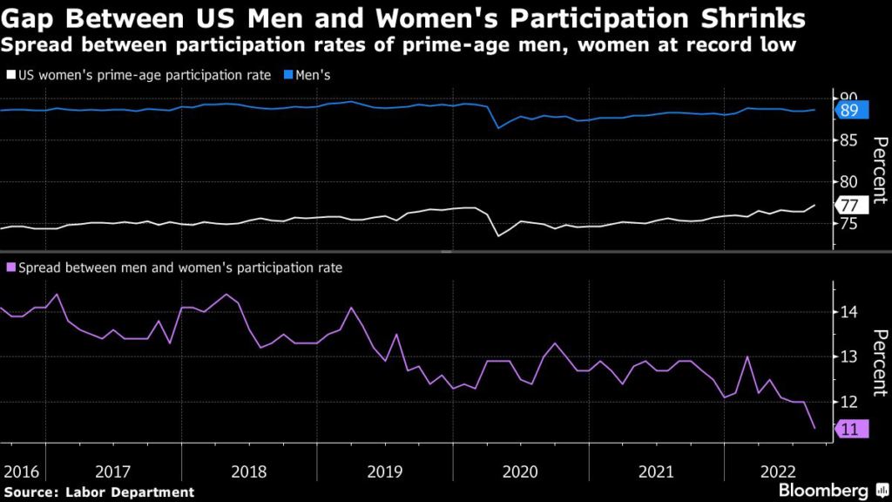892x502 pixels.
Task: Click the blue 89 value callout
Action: pyautogui.click(x=849, y=111)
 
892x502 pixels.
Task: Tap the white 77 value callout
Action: pyautogui.click(x=849, y=206)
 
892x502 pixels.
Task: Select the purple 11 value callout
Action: pyautogui.click(x=849, y=429)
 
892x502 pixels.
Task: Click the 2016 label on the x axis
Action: pyautogui.click(x=22, y=471)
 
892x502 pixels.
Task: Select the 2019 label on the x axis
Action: pyautogui.click(x=385, y=471)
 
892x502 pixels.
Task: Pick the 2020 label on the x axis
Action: pyautogui.click(x=521, y=471)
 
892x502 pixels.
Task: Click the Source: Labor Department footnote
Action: pyautogui.click(x=98, y=492)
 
